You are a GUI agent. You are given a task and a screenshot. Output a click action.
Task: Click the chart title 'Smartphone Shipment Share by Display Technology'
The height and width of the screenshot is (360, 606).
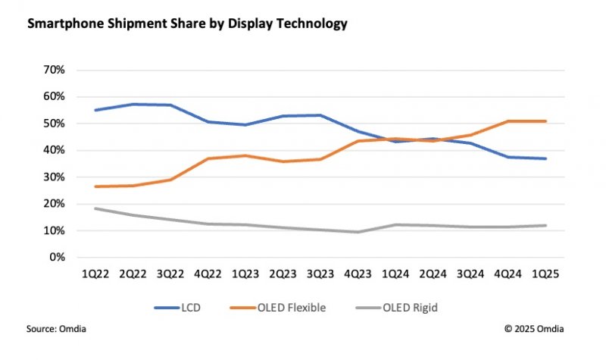tap(187, 24)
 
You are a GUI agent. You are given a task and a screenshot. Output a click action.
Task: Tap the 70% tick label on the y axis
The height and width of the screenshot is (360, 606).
tap(55, 70)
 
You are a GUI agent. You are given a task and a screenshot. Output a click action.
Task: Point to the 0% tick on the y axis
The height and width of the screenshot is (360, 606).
tap(58, 258)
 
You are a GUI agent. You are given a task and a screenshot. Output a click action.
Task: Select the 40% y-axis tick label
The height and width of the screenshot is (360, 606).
tap(55, 150)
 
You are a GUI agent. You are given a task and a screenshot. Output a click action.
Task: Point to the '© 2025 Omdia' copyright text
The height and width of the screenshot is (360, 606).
tap(534, 328)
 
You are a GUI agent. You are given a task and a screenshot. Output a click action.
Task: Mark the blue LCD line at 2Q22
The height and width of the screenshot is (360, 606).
tap(133, 104)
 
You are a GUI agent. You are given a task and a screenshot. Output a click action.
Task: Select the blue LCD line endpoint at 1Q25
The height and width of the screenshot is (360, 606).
tap(544, 158)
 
